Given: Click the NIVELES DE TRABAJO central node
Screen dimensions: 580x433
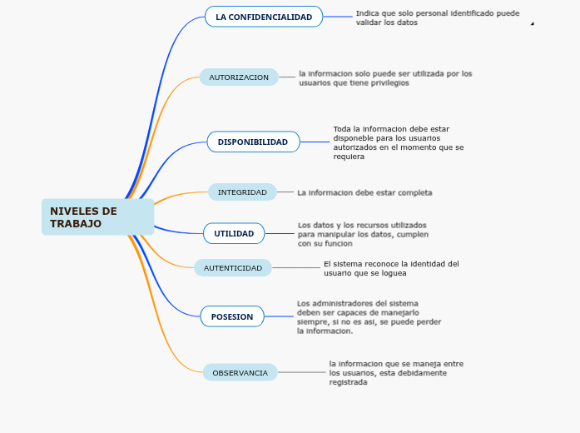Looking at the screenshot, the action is click(97, 217).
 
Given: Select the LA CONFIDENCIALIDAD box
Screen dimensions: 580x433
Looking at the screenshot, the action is click(264, 17).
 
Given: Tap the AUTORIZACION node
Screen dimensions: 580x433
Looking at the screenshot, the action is click(239, 77).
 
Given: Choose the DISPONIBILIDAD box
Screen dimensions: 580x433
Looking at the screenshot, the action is click(253, 142).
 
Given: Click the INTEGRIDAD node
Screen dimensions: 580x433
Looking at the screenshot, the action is click(242, 192).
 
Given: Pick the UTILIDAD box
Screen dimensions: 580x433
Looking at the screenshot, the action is click(234, 233).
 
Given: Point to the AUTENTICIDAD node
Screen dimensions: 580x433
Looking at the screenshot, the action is click(233, 268).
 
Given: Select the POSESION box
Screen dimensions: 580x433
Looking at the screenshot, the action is click(232, 316).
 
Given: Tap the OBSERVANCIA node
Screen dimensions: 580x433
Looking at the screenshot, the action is click(240, 373).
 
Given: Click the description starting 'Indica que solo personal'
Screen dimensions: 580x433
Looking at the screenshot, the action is click(437, 17).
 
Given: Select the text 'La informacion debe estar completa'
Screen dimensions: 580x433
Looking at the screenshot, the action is click(364, 192).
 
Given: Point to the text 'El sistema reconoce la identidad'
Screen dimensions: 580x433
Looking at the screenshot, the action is click(391, 268).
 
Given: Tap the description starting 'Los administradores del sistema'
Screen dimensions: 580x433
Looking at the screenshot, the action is click(369, 316).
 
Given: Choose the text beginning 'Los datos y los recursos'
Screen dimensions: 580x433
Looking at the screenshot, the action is click(364, 234).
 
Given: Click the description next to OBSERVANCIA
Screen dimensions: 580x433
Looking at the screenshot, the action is click(396, 373).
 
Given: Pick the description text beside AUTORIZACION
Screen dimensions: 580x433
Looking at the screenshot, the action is click(385, 78).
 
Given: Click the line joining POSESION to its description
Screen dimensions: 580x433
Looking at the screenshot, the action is click(280, 316).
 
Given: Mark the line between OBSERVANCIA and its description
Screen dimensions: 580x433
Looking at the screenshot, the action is click(302, 373).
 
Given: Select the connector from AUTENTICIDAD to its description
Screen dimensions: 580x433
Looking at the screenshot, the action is click(296, 268).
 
